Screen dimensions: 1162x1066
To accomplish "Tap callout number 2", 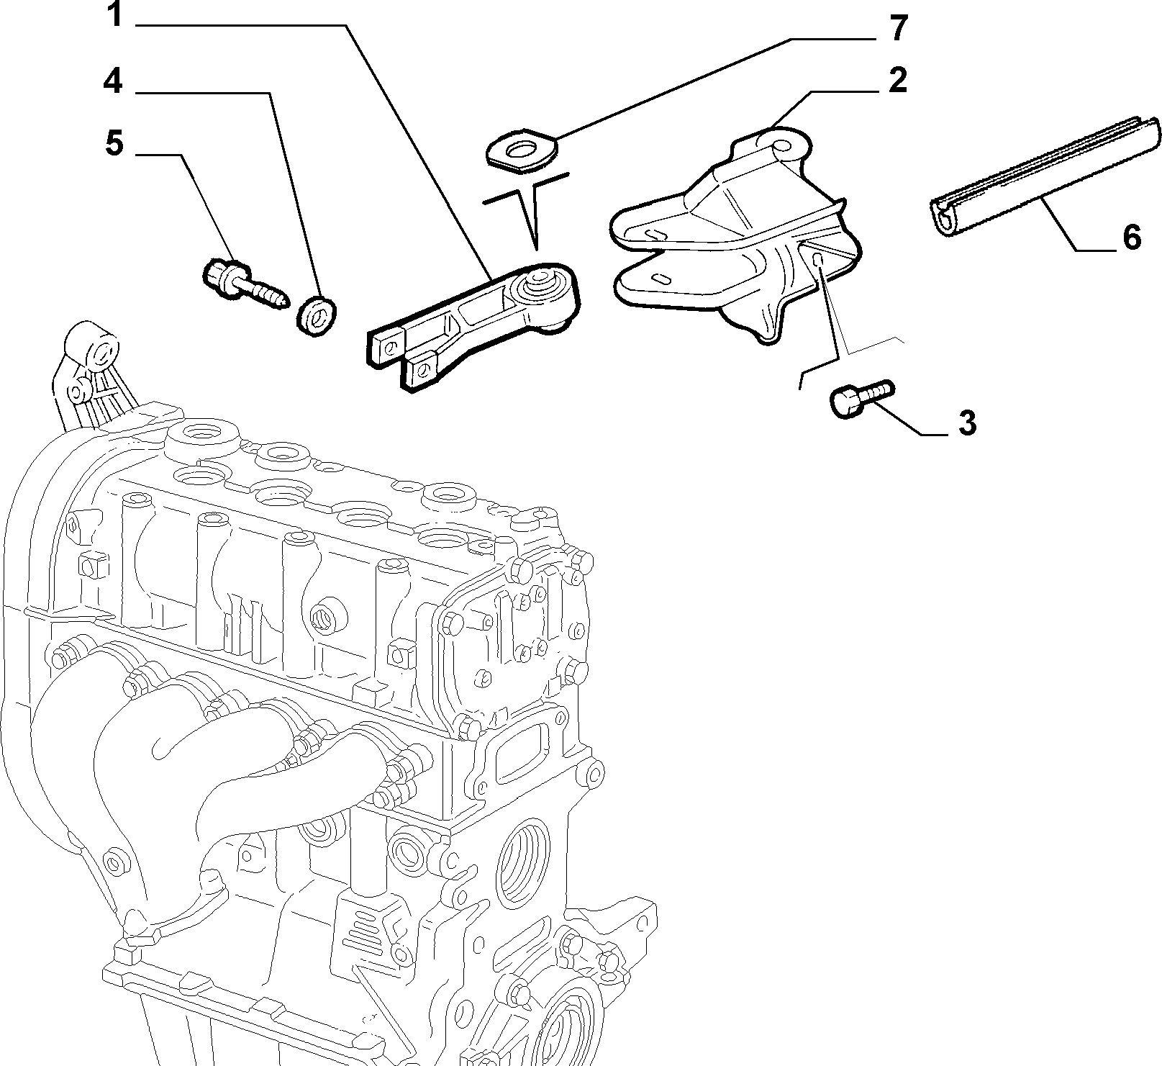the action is coord(897,81).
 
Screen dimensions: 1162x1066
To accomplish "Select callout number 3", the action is coord(967,423).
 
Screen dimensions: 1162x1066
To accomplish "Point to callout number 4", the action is coord(112,82).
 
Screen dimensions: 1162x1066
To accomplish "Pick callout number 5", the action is coord(114,144).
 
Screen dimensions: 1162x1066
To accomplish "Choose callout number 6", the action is coord(1132,237).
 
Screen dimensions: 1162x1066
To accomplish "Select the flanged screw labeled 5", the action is coord(245,284).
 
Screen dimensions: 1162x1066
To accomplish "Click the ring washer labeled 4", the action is coord(317,315).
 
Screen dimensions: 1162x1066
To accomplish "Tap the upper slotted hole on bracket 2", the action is coord(655,234).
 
